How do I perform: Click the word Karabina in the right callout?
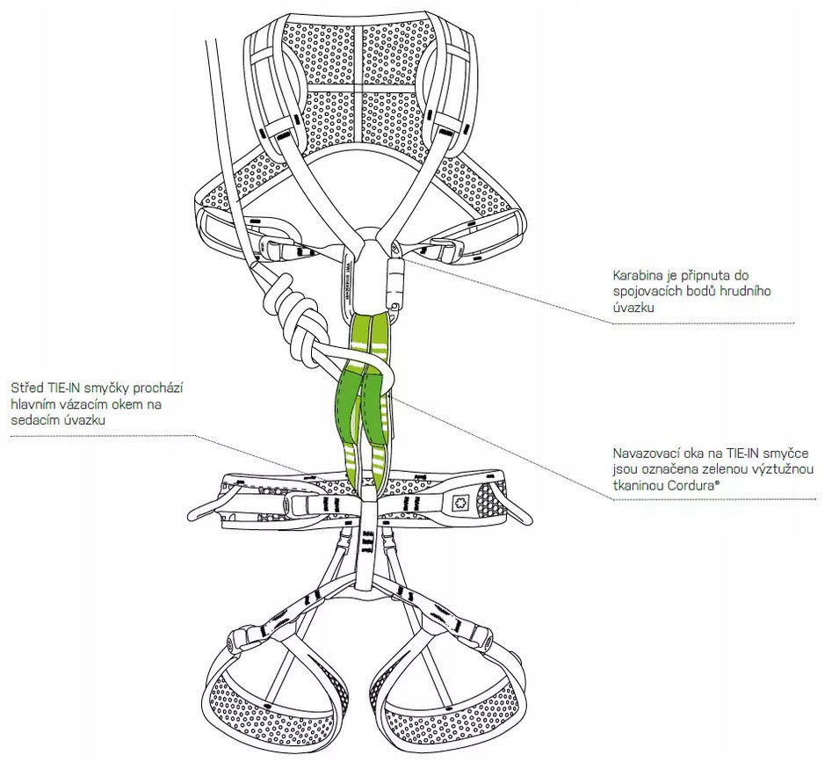click(639, 276)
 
